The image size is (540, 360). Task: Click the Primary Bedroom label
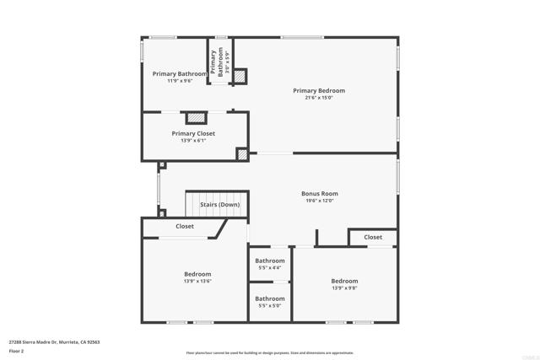click(x=319, y=91)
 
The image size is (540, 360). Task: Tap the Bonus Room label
click(x=319, y=193)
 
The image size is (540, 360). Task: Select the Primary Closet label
click(x=193, y=133)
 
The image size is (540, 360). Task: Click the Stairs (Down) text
click(x=219, y=205)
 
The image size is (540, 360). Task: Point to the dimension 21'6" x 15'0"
click(x=319, y=98)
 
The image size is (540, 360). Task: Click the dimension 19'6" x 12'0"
click(x=319, y=201)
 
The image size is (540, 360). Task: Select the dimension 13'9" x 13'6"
click(x=197, y=282)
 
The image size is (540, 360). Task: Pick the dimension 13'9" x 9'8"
click(x=344, y=288)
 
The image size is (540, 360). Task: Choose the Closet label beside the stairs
click(x=185, y=226)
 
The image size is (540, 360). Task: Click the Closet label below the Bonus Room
click(x=373, y=237)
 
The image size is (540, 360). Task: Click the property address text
click(x=55, y=342)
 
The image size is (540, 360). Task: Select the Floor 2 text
click(x=16, y=351)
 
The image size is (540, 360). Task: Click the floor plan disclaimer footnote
click(x=270, y=353)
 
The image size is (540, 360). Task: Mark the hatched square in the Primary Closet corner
click(x=242, y=154)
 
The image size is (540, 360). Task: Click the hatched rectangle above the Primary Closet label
click(x=196, y=118)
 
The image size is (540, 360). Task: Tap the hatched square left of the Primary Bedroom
click(x=240, y=76)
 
